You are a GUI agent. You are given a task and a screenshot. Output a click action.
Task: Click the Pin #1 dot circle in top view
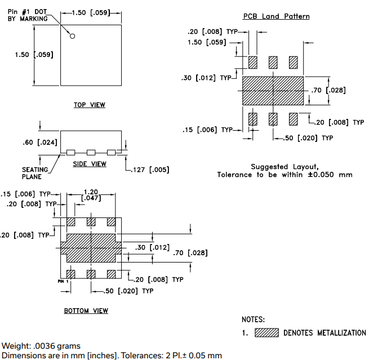click(73, 37)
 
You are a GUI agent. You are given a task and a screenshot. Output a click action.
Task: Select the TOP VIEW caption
click(90, 105)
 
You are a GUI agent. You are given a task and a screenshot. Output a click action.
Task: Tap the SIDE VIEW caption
click(90, 164)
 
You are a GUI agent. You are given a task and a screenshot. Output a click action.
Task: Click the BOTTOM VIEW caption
click(86, 311)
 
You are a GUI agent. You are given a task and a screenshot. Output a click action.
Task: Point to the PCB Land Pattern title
click(276, 17)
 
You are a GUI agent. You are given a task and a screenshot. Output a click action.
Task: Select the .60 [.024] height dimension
click(40, 143)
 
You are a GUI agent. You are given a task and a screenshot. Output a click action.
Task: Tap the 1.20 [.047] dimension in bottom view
click(91, 195)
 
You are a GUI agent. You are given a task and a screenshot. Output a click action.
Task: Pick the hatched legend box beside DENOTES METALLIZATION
click(266, 333)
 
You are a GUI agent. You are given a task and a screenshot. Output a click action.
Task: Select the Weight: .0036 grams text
click(41, 346)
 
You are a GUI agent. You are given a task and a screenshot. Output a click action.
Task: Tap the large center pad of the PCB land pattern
click(273, 90)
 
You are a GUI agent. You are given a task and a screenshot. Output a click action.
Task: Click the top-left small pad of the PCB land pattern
click(253, 61)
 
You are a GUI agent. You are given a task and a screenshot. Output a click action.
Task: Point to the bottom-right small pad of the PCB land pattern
click(294, 119)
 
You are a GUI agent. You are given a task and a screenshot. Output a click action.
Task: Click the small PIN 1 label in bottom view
click(63, 280)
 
